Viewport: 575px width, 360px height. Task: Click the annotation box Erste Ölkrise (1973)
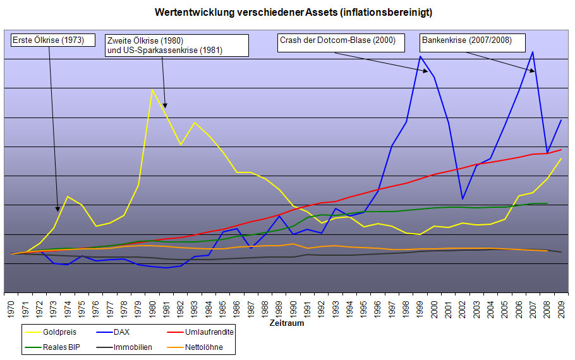(48, 41)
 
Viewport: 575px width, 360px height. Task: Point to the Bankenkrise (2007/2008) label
(466, 41)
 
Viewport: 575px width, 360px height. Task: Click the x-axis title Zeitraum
(287, 323)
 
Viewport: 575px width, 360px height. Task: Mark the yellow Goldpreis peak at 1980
(152, 89)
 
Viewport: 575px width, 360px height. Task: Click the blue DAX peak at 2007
(533, 52)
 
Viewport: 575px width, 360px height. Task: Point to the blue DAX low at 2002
(463, 199)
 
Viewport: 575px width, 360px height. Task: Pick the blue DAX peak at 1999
(420, 56)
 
